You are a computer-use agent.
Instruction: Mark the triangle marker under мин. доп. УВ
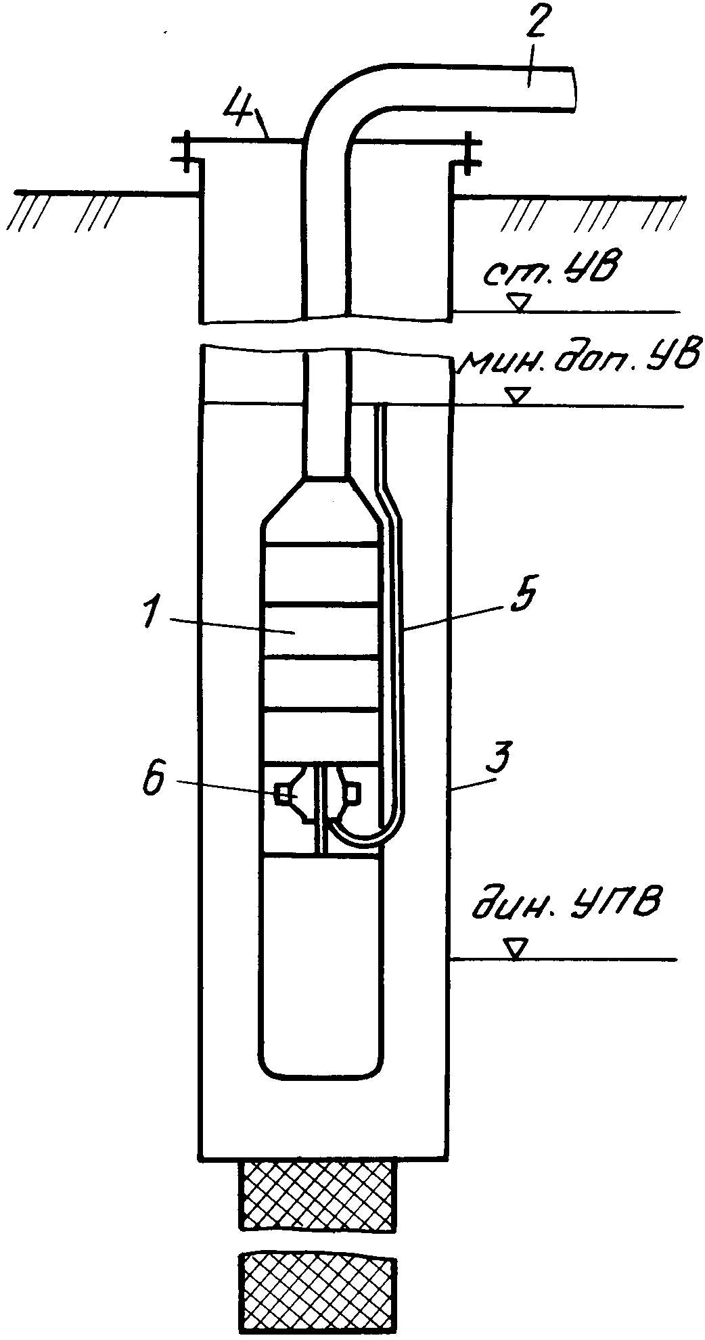click(x=518, y=397)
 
